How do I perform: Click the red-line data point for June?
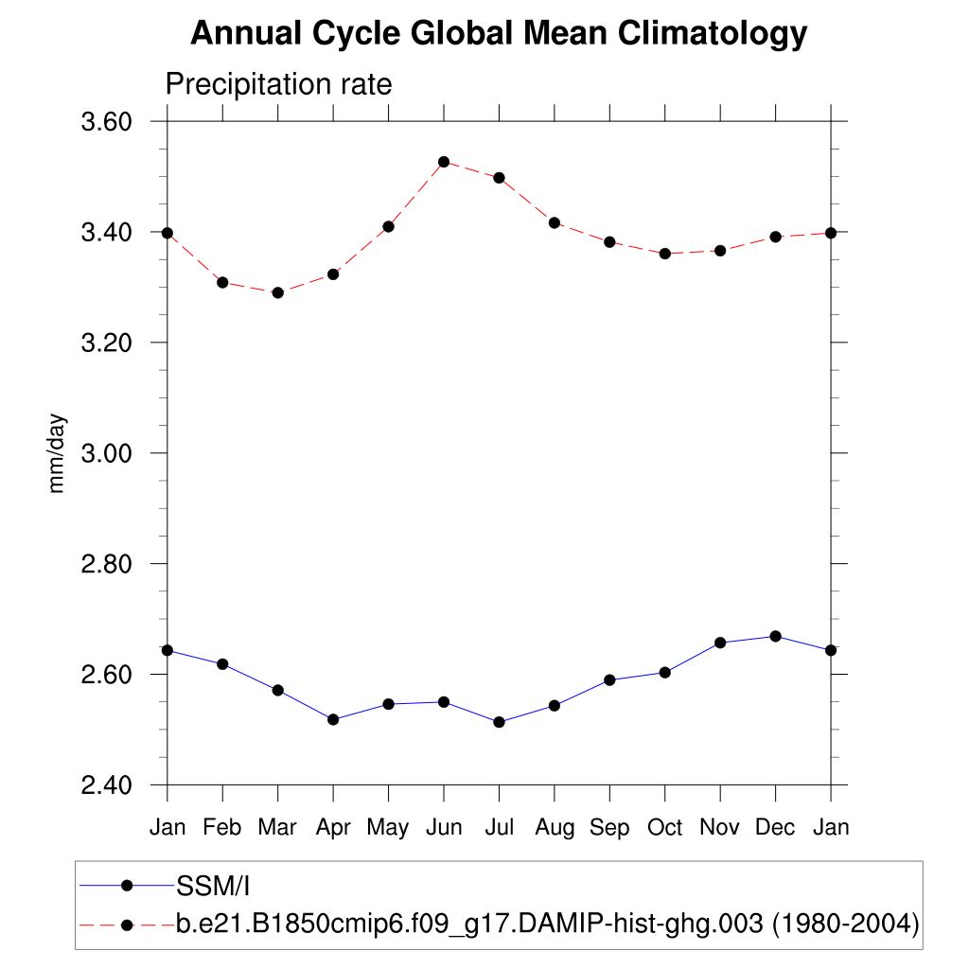(x=444, y=162)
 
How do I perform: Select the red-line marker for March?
(x=278, y=292)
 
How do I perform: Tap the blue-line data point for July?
(x=500, y=722)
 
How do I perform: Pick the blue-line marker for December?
(x=776, y=636)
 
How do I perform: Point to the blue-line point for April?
(x=333, y=719)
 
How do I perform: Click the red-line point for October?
(x=665, y=254)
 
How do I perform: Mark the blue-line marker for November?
(x=720, y=643)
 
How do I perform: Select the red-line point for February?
(x=222, y=282)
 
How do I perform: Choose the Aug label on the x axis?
(x=555, y=828)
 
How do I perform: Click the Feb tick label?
(x=222, y=828)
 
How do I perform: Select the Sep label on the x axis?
(x=609, y=828)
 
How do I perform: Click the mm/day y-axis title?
(x=58, y=453)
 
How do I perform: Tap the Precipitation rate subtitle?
(x=278, y=84)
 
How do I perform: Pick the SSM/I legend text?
(x=212, y=886)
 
